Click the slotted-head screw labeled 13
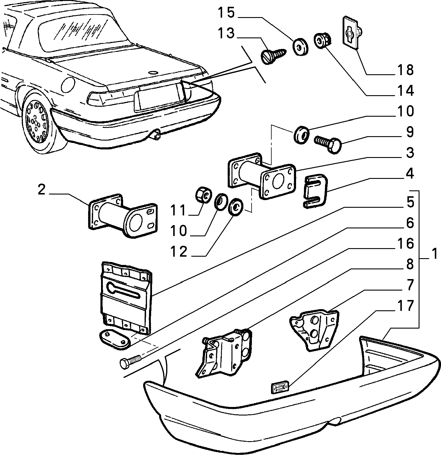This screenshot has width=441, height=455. [273, 55]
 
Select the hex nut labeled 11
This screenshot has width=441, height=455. [204, 195]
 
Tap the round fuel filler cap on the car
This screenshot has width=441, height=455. [67, 85]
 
